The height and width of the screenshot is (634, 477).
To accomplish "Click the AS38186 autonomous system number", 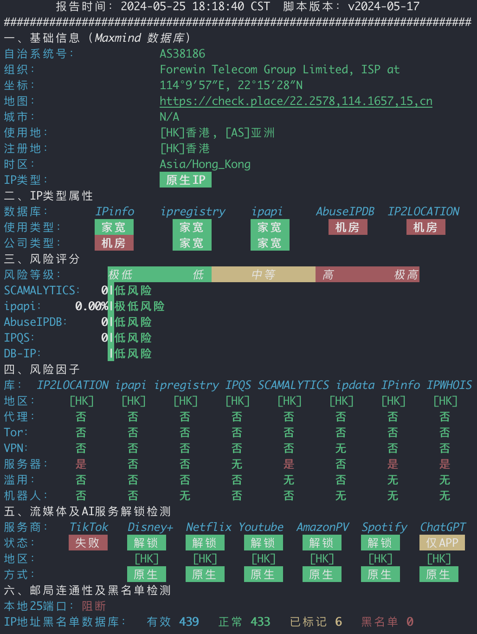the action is coord(182,54).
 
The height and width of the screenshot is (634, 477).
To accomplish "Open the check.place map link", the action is coord(296,101).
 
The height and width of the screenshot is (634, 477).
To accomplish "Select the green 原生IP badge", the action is coord(186,180).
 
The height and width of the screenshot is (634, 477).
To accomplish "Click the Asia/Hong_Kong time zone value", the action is coord(205,164).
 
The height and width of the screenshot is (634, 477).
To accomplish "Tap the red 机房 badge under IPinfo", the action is coord(114,243).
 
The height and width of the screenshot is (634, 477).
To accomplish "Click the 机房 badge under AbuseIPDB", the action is coord(348,227).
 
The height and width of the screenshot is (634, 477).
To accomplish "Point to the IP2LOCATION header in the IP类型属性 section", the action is coord(423,212).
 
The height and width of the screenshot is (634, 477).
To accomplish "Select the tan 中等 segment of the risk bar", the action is coord(264,274).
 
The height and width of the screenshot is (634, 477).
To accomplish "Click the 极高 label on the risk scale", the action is coord(406,275).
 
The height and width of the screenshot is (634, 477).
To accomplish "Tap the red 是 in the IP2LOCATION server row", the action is coord(81,464).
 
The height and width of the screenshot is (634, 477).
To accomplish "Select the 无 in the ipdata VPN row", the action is coord(341,448).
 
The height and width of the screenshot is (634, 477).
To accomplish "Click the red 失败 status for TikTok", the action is coord(88,543).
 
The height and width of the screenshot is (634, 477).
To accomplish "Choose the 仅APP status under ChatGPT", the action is coord(442,543).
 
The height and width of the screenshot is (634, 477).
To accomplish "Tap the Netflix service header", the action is coord(208,527).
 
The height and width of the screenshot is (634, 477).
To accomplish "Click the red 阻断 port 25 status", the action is coord(94,606).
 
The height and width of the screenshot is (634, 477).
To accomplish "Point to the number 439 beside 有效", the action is coord(189,621).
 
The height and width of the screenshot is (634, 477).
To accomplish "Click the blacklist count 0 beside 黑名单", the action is coord(410,621).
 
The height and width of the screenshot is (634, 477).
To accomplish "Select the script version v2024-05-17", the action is coord(384,6).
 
